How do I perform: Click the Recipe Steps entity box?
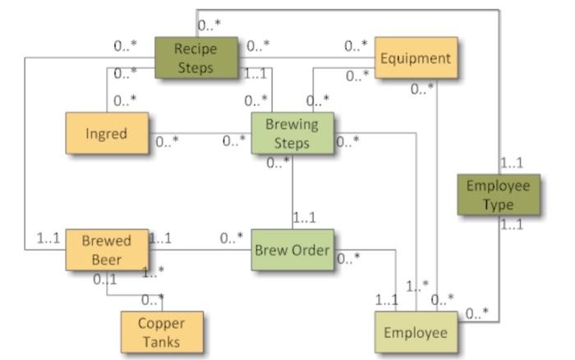coord(195,58)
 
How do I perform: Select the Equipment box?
coord(416,58)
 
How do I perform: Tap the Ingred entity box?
coord(106,133)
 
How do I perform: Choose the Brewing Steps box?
coord(292,133)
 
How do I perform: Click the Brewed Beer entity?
coord(107,250)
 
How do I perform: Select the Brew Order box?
coord(292,250)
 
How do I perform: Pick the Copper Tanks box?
coord(161,332)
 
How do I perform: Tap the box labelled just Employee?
coord(416,332)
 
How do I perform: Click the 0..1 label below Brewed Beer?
coord(104,279)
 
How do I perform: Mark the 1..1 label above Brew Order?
coord(305,219)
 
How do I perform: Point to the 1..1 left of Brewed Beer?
coord(48,238)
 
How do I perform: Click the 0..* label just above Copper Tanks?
coord(153,299)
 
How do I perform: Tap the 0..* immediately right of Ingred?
coord(167,141)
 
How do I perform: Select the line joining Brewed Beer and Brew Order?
coord(200,249)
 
